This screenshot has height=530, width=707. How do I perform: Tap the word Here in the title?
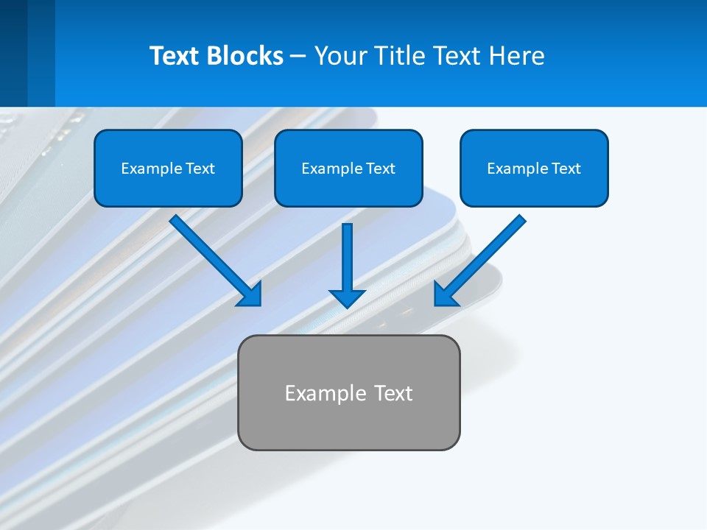tap(518, 56)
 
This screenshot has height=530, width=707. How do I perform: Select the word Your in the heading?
tap(339, 56)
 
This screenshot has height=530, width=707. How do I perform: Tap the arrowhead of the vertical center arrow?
tap(347, 298)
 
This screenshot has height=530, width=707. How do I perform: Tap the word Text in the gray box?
tap(394, 393)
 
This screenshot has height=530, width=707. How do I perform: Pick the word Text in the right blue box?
tap(566, 169)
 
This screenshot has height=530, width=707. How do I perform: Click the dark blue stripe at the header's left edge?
tap(13, 53)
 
